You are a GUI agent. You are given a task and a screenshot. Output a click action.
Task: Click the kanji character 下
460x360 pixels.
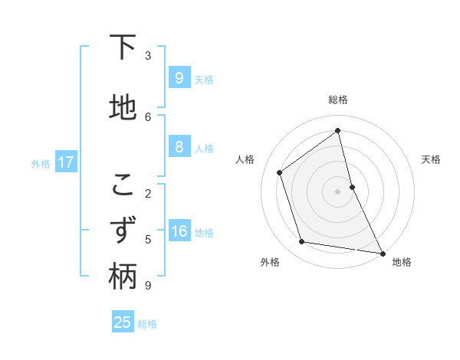[x=123, y=48]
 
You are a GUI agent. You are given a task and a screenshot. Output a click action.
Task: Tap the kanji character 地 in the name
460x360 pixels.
[x=123, y=108]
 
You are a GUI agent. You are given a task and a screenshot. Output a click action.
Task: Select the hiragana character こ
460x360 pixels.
[x=123, y=185]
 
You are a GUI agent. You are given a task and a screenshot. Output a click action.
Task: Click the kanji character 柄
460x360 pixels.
[x=123, y=277]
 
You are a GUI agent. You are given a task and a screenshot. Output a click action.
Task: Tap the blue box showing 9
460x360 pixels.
[x=179, y=77]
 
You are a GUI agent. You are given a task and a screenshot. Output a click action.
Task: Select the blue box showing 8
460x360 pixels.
[x=179, y=147]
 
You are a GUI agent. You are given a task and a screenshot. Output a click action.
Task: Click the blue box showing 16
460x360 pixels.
[x=179, y=231]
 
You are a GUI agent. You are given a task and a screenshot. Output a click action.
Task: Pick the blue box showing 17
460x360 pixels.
[x=65, y=162]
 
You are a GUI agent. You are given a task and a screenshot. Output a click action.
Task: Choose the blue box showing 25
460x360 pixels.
[x=123, y=322]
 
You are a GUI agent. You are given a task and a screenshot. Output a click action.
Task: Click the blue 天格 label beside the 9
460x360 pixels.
[x=204, y=79]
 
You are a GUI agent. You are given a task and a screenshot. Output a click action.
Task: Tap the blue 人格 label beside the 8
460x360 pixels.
[x=204, y=149]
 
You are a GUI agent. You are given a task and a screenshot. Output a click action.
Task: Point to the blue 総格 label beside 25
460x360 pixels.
[x=147, y=324]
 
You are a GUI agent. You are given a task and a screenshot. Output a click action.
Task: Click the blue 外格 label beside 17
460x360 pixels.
[x=41, y=163]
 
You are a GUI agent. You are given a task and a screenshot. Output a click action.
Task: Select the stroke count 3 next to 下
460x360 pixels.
[x=148, y=56]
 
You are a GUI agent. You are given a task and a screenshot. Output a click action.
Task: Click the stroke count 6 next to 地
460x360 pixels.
[x=148, y=116]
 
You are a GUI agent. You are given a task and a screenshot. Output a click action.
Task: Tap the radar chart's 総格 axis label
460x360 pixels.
[x=338, y=100]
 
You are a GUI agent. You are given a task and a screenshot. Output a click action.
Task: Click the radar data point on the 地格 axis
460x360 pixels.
[x=382, y=253]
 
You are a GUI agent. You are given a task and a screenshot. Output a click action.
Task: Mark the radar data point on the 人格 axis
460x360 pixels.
[x=280, y=172]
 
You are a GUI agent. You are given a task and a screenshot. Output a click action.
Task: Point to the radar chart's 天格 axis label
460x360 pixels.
[x=432, y=159]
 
